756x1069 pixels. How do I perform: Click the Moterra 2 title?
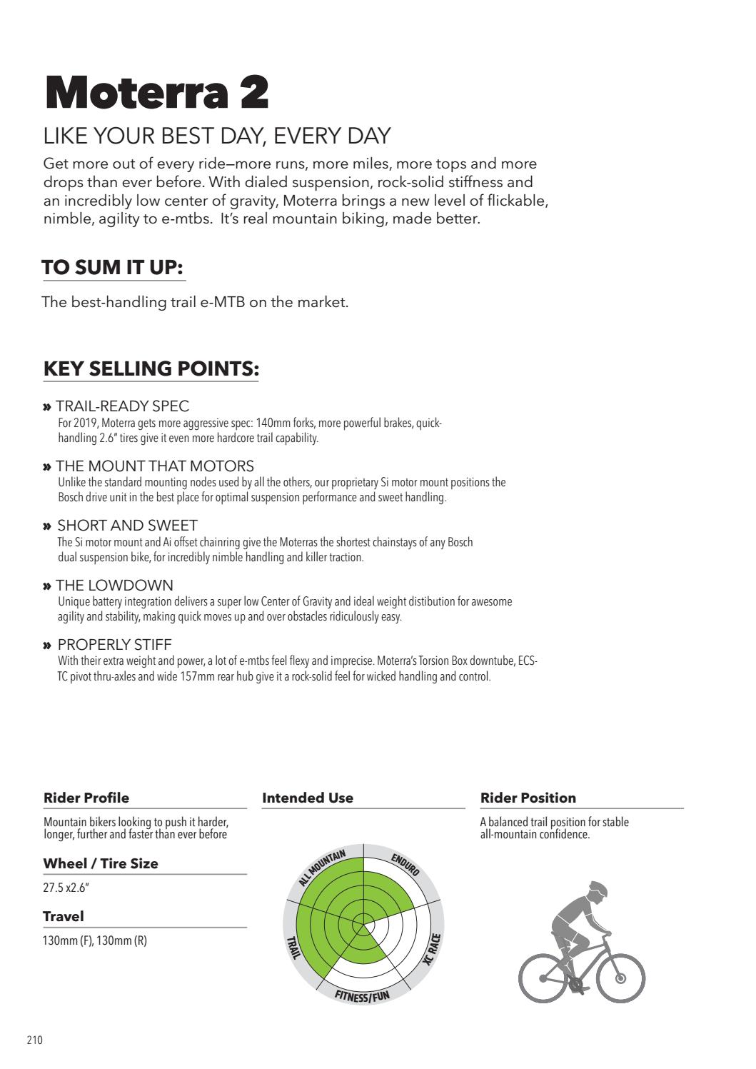click(156, 93)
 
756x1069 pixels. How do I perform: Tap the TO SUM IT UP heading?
click(113, 268)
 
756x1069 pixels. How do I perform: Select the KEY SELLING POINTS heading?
click(151, 368)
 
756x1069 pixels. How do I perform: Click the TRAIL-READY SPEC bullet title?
click(122, 406)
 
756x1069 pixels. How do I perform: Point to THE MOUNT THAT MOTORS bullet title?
click(154, 466)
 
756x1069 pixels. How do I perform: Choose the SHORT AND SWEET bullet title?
click(126, 526)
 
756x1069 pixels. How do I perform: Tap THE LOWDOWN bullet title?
click(114, 586)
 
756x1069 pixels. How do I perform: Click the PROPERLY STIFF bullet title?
click(114, 645)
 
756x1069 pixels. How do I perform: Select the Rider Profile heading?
click(86, 798)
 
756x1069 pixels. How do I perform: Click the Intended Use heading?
click(308, 798)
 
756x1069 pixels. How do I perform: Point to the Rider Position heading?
click(528, 798)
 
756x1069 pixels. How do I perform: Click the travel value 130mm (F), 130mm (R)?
click(95, 940)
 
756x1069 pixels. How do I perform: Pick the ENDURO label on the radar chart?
click(405, 864)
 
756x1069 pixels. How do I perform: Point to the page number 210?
click(35, 1040)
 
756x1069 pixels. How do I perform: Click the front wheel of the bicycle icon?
click(620, 978)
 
